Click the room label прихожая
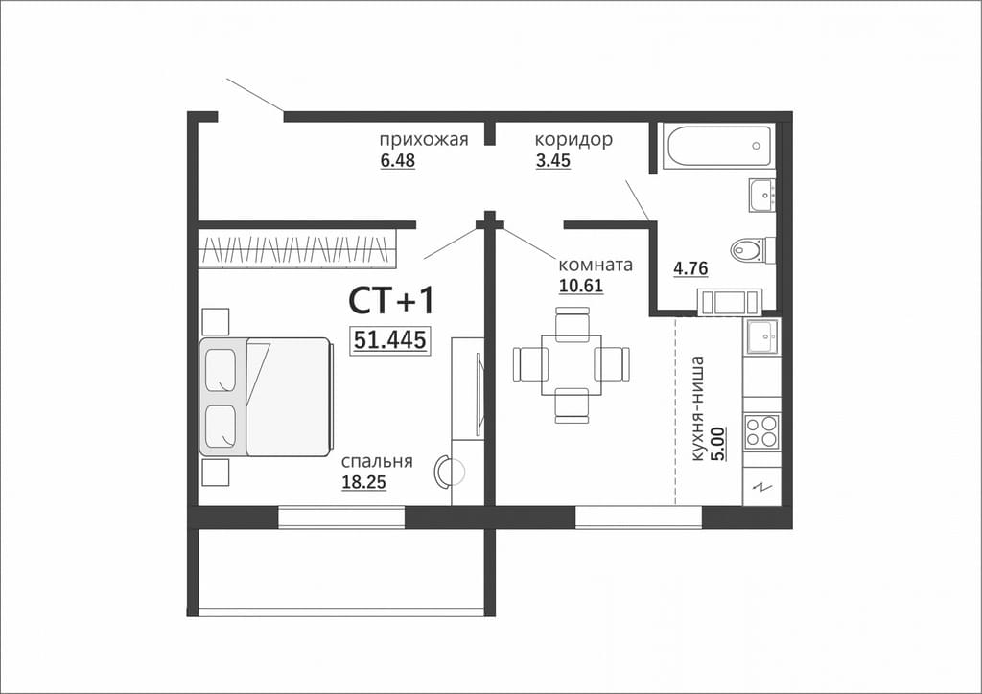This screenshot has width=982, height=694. [424, 140]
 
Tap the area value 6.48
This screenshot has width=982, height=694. [398, 161]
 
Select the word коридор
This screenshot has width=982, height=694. [573, 140]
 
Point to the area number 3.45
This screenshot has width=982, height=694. [553, 161]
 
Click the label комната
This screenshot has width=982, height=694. [596, 264]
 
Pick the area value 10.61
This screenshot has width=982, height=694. [580, 286]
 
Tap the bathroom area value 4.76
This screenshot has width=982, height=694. [690, 268]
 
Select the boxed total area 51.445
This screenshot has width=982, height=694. [389, 340]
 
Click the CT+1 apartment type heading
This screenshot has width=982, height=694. [391, 301]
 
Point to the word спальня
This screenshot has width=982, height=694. [377, 462]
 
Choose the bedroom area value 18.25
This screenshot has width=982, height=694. [363, 482]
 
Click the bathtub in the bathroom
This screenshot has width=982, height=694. [719, 147]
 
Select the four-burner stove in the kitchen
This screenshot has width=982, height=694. [760, 431]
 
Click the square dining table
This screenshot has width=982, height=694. [572, 365]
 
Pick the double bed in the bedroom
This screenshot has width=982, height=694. [266, 397]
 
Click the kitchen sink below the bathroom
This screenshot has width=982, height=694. [761, 336]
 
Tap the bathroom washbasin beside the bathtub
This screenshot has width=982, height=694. [762, 196]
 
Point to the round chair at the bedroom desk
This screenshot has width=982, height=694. [449, 471]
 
